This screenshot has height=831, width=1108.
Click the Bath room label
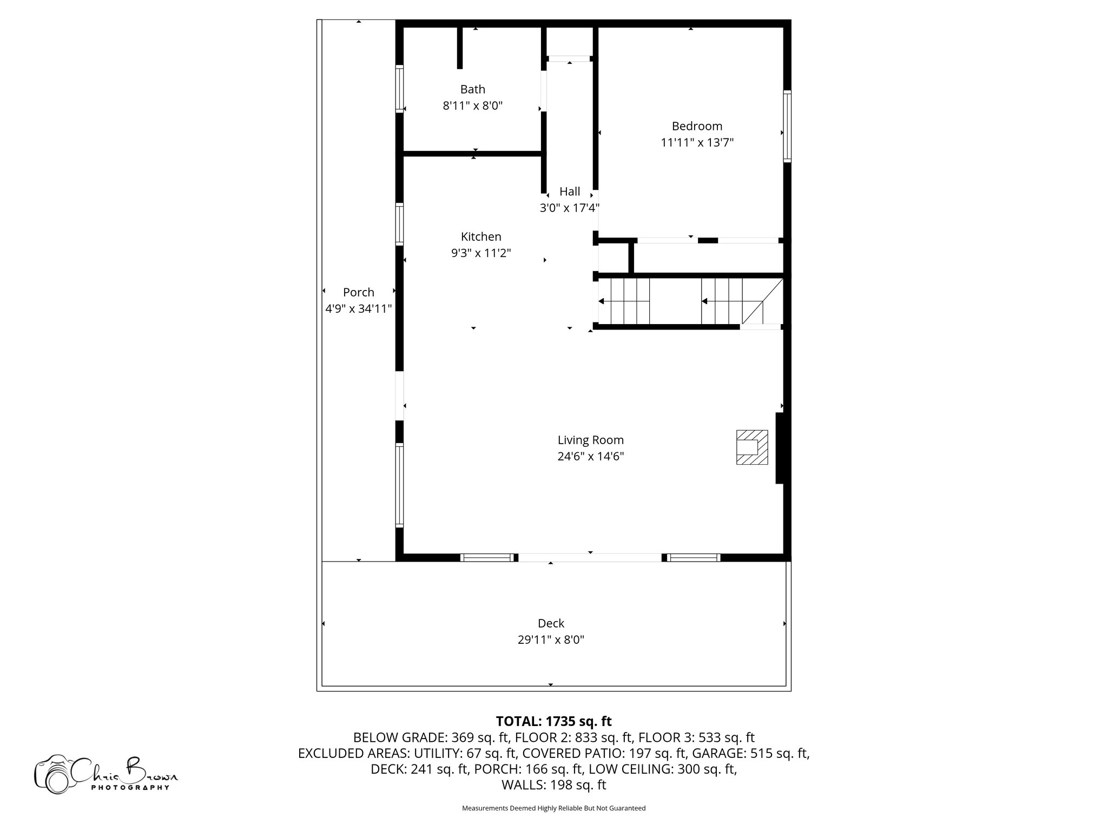[473, 89]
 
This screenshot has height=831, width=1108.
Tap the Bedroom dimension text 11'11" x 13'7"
[697, 143]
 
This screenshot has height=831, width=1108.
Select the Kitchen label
[481, 236]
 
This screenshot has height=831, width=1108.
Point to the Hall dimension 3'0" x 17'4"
[570, 208]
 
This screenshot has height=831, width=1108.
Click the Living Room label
[591, 440]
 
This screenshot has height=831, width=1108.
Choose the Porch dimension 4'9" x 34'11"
[359, 309]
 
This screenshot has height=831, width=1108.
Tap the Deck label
[551, 623]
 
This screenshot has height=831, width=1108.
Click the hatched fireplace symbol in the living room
[752, 447]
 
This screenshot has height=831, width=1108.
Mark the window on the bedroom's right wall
[787, 126]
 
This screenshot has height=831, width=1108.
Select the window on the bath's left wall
[400, 89]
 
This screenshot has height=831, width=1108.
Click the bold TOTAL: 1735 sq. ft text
[554, 721]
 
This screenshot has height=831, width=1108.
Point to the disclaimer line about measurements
[553, 808]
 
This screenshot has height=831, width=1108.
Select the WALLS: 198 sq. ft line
[554, 785]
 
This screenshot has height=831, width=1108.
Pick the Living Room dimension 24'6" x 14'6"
[591, 457]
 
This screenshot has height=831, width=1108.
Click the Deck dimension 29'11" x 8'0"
[551, 640]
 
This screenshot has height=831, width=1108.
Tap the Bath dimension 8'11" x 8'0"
[473, 106]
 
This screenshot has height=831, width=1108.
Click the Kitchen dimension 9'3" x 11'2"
[481, 253]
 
